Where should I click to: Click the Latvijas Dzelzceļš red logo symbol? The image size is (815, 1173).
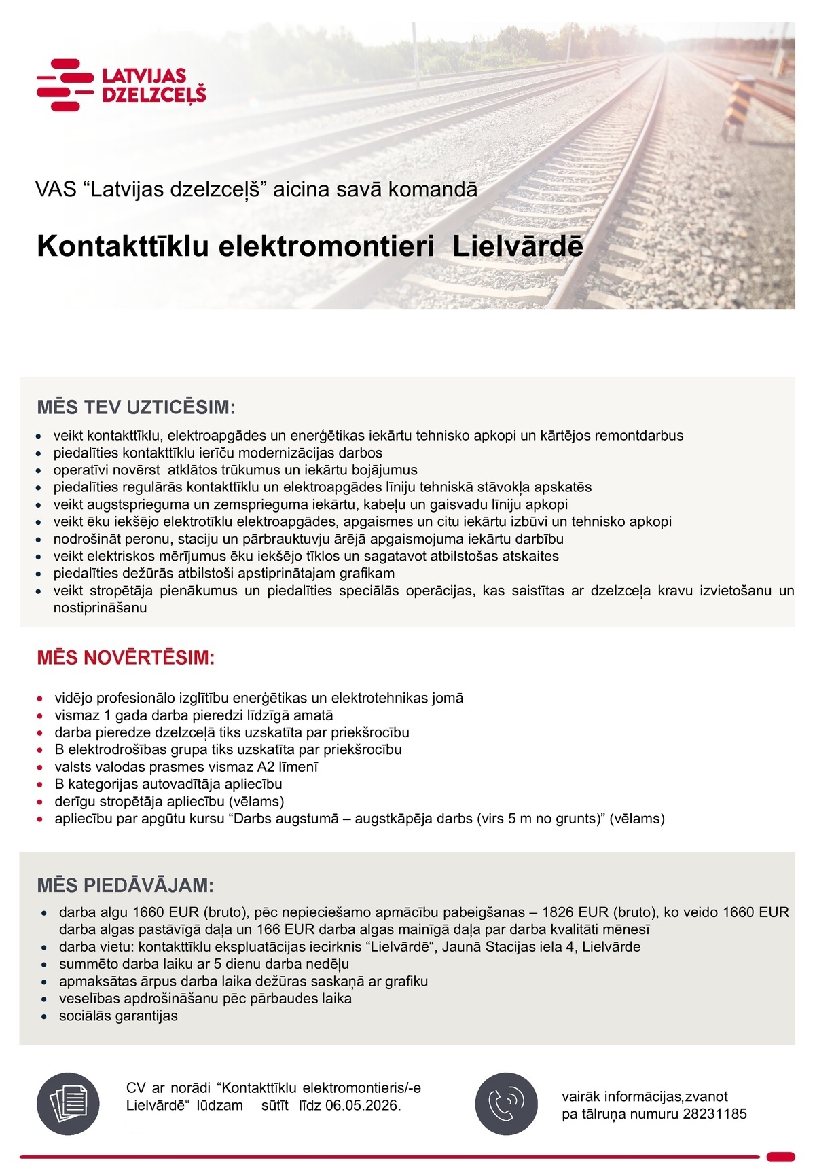pos(65,85)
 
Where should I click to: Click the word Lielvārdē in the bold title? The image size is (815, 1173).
pos(518,246)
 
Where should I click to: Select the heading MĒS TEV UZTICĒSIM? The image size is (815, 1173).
pos(136,408)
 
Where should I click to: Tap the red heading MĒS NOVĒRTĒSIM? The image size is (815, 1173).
pos(126,658)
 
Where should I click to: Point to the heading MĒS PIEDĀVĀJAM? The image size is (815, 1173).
pos(125,885)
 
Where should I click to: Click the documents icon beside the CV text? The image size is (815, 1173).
pos(68,1104)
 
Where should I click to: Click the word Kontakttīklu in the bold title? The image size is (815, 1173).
pos(122,246)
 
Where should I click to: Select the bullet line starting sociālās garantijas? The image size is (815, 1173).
pos(118,1016)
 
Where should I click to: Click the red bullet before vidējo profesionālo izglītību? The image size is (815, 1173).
pos(41,699)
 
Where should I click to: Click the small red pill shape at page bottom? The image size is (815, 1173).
pos(780,1157)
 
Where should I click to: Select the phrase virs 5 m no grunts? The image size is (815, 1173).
pos(533,819)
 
